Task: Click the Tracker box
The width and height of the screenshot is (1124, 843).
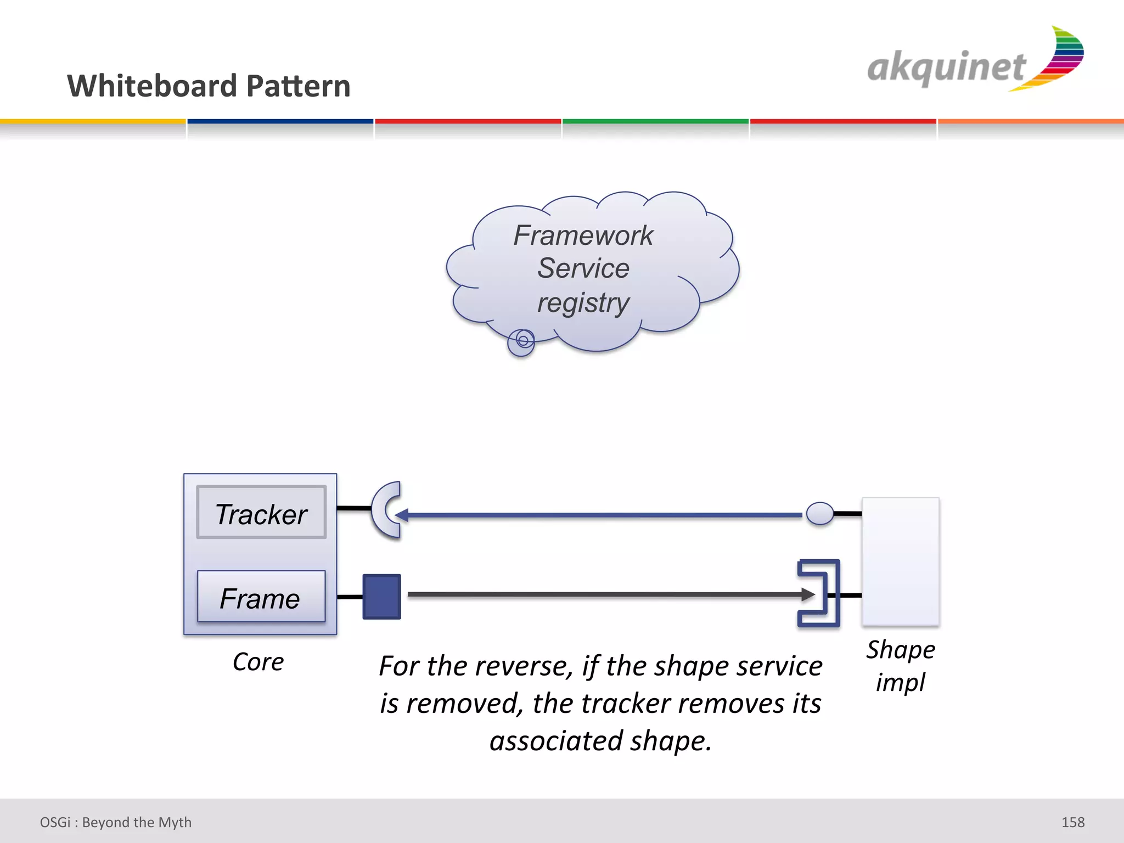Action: (x=261, y=512)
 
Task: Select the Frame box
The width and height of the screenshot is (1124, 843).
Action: (x=261, y=597)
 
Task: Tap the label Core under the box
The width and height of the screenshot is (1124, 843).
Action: (x=258, y=662)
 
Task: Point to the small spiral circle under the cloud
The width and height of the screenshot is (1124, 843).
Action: (x=521, y=342)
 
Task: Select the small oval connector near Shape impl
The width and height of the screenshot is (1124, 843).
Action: (x=820, y=514)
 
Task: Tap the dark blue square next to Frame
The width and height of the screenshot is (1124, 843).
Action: (x=381, y=597)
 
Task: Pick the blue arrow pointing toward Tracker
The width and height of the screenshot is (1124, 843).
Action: (x=598, y=515)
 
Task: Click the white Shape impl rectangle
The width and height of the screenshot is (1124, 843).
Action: (x=901, y=561)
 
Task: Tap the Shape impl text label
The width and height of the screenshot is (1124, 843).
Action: (x=901, y=666)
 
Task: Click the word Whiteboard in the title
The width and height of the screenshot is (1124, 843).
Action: (x=153, y=86)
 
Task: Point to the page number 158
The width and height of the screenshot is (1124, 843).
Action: (x=1072, y=822)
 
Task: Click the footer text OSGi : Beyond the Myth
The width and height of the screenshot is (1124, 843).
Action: (x=116, y=822)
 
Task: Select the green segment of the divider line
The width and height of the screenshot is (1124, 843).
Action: (x=655, y=121)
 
